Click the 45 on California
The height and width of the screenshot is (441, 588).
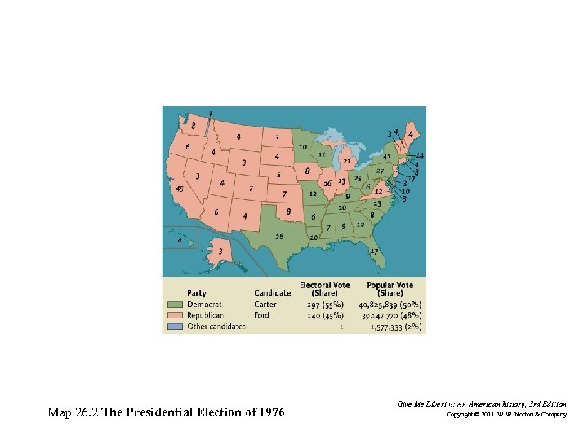pyautogui.click(x=180, y=189)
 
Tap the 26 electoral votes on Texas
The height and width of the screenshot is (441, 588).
pyautogui.click(x=280, y=237)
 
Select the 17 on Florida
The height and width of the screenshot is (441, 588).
pyautogui.click(x=373, y=251)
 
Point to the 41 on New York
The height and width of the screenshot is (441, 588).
pyautogui.click(x=387, y=157)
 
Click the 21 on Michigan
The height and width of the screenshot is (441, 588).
pyautogui.click(x=347, y=162)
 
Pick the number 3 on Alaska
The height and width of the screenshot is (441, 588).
pyautogui.click(x=220, y=252)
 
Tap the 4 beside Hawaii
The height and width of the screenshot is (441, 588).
pyautogui.click(x=180, y=241)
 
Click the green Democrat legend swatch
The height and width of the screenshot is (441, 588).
pyautogui.click(x=175, y=305)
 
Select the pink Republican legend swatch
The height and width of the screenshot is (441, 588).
pyautogui.click(x=175, y=315)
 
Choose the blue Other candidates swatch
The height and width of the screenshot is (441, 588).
pyautogui.click(x=175, y=326)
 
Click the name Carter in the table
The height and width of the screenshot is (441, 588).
pyautogui.click(x=265, y=305)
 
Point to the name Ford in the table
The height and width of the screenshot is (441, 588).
pyautogui.click(x=261, y=315)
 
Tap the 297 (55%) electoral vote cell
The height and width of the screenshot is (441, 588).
pyautogui.click(x=325, y=305)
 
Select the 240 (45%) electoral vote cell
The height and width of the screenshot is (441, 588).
pyautogui.click(x=325, y=315)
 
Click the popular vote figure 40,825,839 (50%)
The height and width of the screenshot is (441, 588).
pyautogui.click(x=390, y=305)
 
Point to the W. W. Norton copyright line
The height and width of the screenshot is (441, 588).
pyautogui.click(x=506, y=416)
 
